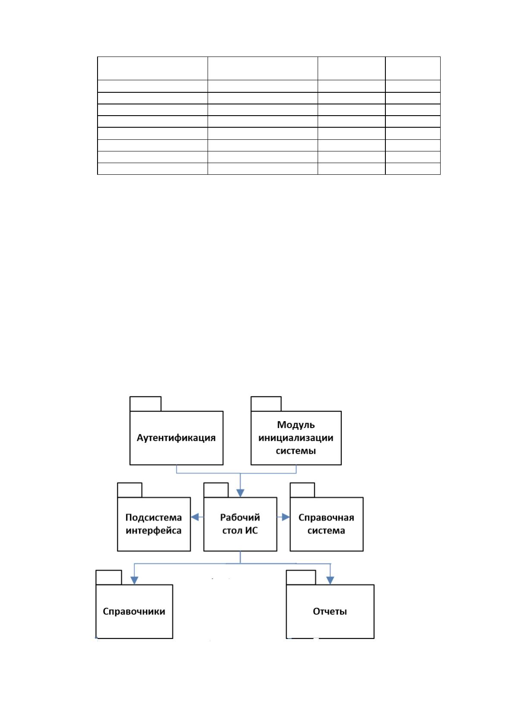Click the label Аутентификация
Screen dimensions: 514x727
coord(176,438)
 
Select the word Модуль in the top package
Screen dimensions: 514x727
coord(296,425)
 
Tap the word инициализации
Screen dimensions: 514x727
coord(296,438)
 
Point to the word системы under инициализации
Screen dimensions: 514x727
coord(296,450)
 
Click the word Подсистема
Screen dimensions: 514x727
coord(154,517)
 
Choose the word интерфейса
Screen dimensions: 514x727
coord(154,531)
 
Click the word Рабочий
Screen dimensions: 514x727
coord(240,517)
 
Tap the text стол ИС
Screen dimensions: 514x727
coord(240,530)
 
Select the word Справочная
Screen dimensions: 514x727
coord(326,517)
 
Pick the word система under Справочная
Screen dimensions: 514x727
coord(326,531)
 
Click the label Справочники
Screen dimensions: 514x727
coord(134,611)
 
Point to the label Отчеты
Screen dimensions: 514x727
coord(330,611)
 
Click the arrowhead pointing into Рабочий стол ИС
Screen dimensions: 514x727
coord(240,493)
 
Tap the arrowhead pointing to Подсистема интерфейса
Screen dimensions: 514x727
coord(195,517)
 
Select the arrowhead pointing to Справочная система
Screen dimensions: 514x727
coord(286,517)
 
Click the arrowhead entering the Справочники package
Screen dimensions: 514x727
coord(134,581)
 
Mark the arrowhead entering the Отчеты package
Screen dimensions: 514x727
coord(330,581)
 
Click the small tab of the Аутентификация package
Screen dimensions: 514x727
coord(145,404)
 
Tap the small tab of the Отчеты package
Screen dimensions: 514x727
coord(301,577)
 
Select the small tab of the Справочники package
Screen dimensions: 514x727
coord(109,577)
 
